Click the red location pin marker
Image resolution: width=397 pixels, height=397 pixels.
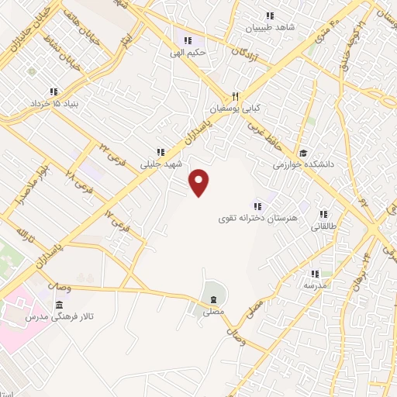pyautogui.click(x=200, y=182)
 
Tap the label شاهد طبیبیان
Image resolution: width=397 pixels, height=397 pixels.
pyautogui.click(x=271, y=27)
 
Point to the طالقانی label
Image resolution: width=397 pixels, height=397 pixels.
pyautogui.click(x=323, y=227)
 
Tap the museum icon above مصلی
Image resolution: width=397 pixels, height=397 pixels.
pyautogui.click(x=213, y=300)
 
